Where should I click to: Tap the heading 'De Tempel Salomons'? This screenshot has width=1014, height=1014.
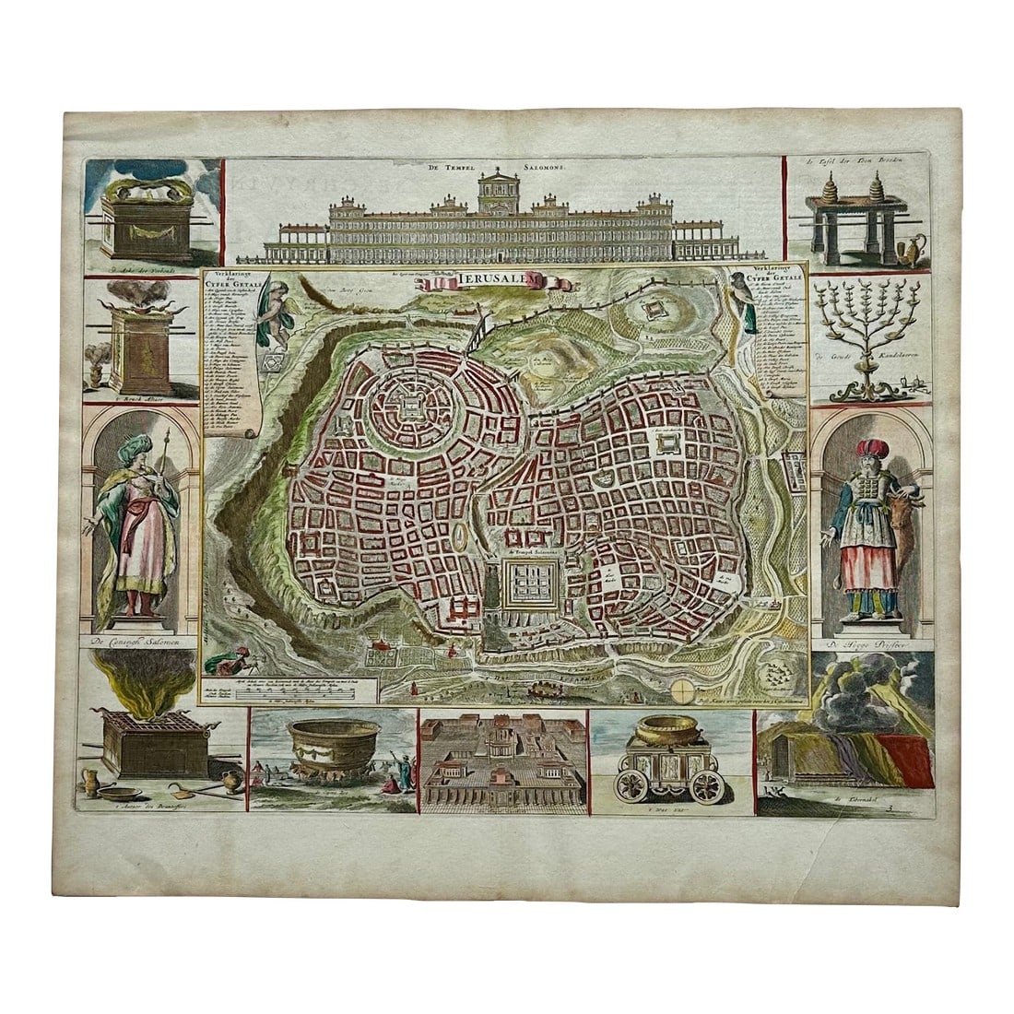coord(506,169)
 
